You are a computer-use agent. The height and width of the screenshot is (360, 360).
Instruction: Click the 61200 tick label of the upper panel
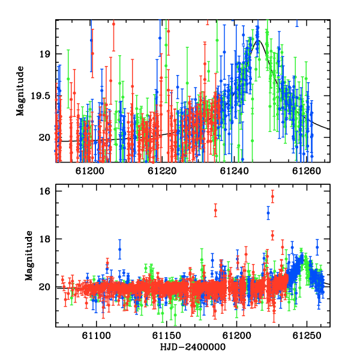pos(90,171)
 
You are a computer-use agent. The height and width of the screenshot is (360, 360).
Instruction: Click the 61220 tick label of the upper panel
pos(162,171)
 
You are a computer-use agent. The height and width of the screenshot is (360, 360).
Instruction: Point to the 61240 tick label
pos(235,171)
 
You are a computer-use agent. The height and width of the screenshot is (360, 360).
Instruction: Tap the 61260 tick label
pos(307,171)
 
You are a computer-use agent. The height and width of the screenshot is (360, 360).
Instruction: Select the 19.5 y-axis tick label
pos(40,96)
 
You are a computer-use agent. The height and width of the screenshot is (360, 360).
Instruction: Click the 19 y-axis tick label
pos(44,54)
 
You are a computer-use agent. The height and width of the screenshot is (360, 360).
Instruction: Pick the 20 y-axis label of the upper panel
pos(44,138)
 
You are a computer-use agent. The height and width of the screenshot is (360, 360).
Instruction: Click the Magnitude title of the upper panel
pos(20,91)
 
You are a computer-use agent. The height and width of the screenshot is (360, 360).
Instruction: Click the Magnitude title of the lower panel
pos(29,256)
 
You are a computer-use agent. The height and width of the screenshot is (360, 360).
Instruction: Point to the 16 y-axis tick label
pos(44,191)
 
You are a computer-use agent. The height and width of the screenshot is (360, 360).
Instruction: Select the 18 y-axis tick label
pos(44,239)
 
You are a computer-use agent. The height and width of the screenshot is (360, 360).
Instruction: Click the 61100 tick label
pos(97,336)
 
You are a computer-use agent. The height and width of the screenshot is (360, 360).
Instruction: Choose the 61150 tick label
pos(167,336)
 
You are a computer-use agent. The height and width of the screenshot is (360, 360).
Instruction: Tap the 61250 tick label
pos(307,336)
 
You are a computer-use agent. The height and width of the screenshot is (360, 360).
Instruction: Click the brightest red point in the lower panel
pos(272,196)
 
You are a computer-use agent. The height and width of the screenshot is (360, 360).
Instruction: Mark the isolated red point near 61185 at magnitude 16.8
pos(215,210)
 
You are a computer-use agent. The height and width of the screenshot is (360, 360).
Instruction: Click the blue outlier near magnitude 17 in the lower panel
pos(268,213)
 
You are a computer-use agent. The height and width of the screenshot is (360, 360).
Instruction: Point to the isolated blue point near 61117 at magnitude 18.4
pos(119,250)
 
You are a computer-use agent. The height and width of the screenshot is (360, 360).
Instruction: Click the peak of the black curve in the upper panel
pos(257,40)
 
